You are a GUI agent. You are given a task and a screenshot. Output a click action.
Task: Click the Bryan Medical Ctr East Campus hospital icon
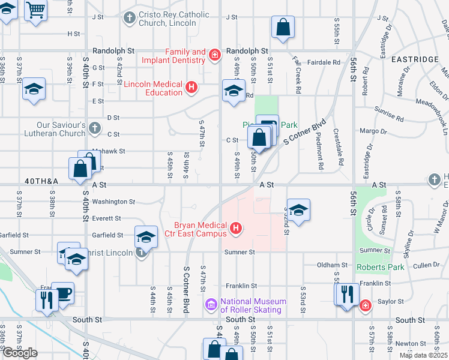pos(237,228)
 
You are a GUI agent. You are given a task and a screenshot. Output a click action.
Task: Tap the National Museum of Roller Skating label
pos(251,305)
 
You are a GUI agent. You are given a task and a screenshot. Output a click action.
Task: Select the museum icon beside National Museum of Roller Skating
pos(211,305)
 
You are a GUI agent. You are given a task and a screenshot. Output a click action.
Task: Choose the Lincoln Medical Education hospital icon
pos(191,88)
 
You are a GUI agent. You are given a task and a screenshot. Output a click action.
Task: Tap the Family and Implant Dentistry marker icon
pos(214,56)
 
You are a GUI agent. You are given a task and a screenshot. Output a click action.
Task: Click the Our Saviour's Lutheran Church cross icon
pos(95,128)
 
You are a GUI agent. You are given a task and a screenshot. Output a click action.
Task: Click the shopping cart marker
pos(37,10)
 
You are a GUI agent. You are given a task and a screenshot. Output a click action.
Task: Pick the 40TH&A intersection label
pos(42,181)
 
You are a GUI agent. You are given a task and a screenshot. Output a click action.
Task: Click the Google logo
pos(20,353)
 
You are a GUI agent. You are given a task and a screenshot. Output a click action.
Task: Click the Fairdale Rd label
pos(324,62)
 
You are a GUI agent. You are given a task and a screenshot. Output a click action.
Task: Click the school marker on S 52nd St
pos(298,210)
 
